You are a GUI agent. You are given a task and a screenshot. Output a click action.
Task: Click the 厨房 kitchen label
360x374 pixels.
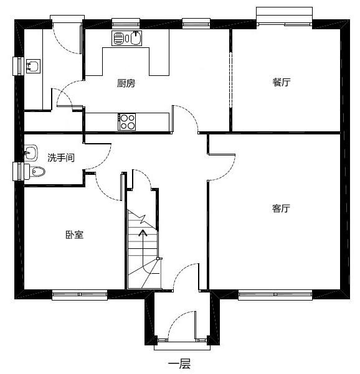pyautogui.click(x=126, y=83)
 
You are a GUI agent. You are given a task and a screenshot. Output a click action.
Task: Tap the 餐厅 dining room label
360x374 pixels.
pyautogui.click(x=281, y=83)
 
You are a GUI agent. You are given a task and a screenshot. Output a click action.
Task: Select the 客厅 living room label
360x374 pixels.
pyautogui.click(x=281, y=208)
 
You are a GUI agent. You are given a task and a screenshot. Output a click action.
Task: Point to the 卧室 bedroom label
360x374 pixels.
pyautogui.click(x=74, y=235)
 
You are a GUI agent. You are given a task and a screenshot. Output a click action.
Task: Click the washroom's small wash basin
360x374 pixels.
pyautogui.click(x=31, y=151)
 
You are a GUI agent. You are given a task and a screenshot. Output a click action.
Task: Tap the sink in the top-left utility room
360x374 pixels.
pyautogui.click(x=32, y=65)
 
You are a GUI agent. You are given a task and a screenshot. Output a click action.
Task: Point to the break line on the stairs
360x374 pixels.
pyautogui.click(x=143, y=220)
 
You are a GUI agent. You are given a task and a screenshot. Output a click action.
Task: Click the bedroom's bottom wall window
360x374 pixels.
pyautogui.click(x=77, y=294)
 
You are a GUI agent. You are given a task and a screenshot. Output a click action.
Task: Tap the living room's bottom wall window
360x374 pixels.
pyautogui.click(x=275, y=294)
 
